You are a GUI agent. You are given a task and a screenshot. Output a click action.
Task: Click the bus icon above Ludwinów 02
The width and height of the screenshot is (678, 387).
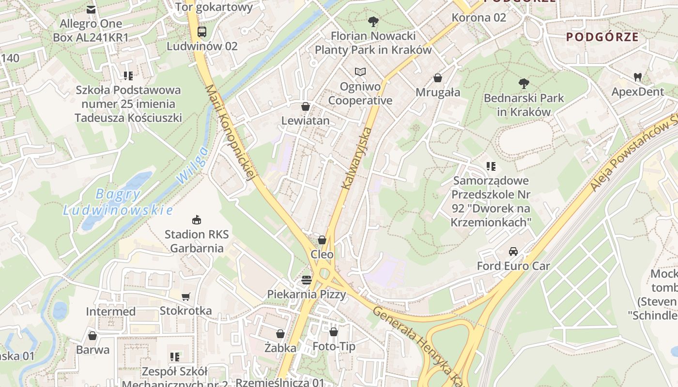pos(202,32)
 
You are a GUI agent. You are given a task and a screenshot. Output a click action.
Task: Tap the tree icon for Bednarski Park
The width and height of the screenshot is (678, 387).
pos(524,84)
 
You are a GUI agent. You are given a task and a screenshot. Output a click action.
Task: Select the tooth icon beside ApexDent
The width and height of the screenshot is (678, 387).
pos(637,77)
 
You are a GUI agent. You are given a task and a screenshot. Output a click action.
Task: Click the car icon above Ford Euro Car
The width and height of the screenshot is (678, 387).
pos(513,252)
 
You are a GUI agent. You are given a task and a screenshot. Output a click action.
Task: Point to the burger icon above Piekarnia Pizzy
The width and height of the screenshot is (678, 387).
pos(306,280)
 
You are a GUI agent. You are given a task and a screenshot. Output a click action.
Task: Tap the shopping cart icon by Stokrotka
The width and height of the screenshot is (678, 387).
pos(185,297)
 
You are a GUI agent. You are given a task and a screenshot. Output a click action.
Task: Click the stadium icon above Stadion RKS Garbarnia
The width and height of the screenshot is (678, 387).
pos(196,220)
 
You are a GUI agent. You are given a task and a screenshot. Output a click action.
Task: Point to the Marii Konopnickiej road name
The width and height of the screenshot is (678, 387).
pos(231,133)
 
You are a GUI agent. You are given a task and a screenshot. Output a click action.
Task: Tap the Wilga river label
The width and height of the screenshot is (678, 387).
pos(192,165)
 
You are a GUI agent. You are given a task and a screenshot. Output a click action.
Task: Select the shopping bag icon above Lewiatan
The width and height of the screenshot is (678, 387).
pos(306,106)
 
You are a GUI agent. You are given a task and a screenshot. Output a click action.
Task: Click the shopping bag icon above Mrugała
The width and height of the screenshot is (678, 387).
pos(438,78)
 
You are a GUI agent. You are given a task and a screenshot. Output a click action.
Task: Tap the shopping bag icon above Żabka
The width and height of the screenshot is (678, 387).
pos(280,334)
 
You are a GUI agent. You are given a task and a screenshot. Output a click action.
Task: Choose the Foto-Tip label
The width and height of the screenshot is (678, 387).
pos(334,346)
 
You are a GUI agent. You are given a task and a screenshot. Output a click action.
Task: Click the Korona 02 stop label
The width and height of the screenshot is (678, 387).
pos(478,17)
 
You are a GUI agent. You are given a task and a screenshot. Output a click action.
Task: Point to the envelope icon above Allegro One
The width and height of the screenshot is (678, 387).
pos(91,9)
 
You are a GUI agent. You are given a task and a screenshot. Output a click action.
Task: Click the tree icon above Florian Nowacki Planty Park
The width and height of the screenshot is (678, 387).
pos(373,22)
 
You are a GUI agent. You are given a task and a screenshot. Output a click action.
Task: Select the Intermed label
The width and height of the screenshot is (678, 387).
pos(111,312)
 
